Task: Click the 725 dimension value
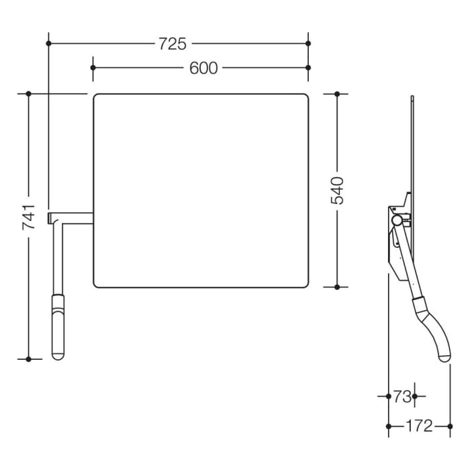tap(173, 44)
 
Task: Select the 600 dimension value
tap(203, 68)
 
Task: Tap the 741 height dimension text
tap(29, 218)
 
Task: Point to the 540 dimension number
tap(337, 190)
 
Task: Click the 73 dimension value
tap(402, 397)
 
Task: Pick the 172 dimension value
tap(420, 426)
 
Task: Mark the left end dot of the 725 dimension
tap(48, 44)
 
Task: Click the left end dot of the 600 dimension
tap(93, 68)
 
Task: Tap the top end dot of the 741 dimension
tap(29, 94)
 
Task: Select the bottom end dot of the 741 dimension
tap(29, 359)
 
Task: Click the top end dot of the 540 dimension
tap(337, 94)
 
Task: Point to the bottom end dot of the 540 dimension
tap(337, 287)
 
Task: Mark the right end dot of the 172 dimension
tap(449, 426)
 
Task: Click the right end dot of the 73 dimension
tap(414, 397)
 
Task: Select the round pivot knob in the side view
tap(397, 220)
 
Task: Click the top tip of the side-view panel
tap(412, 99)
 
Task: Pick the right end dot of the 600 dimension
tap(308, 68)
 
